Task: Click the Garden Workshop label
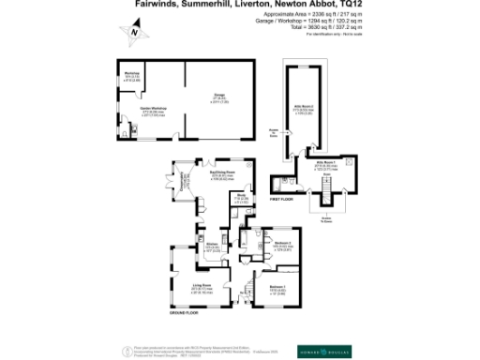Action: coord(152,112)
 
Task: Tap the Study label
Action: coord(240,197)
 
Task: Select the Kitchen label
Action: coord(213,246)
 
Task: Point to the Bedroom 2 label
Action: coord(284,245)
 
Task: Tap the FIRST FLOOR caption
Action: coord(283,200)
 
